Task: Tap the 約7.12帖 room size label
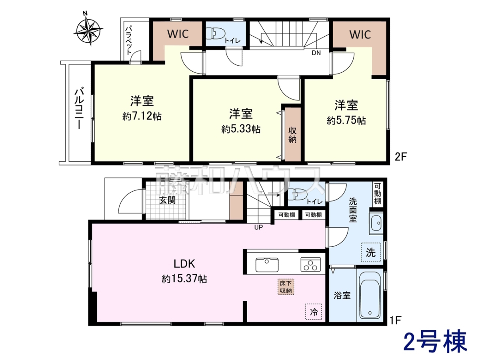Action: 142,116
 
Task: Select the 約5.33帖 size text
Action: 241,129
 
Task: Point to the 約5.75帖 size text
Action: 346,120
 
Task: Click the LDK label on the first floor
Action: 184,264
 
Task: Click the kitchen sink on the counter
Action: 267,264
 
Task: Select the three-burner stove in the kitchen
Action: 311,264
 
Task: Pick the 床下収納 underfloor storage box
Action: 286,287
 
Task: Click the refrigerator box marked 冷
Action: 314,312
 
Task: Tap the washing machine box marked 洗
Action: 371,252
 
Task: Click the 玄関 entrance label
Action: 167,200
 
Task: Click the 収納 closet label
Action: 292,135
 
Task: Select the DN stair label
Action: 316,53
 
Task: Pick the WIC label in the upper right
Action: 360,34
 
